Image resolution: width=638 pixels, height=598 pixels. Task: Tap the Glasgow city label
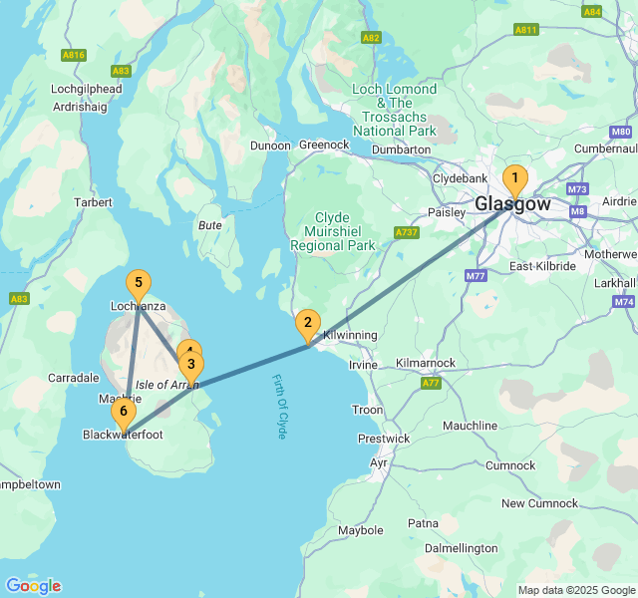point(512,204)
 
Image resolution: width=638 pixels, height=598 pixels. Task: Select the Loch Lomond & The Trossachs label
point(395,110)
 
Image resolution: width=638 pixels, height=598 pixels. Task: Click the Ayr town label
point(379,463)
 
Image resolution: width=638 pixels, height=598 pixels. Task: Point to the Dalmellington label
point(461,548)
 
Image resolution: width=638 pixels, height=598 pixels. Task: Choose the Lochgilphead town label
point(86,89)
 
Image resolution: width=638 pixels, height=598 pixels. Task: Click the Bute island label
point(210,225)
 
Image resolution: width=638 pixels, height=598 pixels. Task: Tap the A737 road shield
point(406,232)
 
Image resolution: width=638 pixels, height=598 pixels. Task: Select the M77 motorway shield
point(475,276)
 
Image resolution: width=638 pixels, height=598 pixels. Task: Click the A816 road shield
point(73,54)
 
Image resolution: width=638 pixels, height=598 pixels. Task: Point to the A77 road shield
point(431,383)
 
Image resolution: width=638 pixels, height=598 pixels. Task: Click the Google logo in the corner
point(33,585)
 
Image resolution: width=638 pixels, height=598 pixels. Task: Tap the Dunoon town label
point(270,146)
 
